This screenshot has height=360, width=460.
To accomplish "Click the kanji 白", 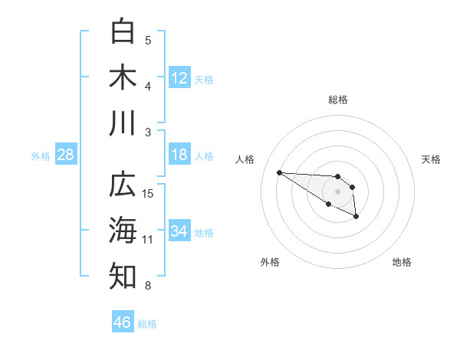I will [x=123, y=31].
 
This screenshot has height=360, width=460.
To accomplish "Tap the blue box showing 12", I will [x=179, y=78].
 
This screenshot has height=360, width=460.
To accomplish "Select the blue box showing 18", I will [x=179, y=155].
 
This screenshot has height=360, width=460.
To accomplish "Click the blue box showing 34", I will [x=179, y=231].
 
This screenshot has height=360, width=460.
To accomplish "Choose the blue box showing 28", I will [x=66, y=155].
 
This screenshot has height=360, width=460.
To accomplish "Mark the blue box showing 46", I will [x=123, y=322].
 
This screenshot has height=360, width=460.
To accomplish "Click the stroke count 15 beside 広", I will [x=149, y=193].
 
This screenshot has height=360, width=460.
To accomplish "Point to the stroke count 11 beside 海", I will [x=148, y=240].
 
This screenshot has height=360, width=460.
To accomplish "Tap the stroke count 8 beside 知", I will [x=148, y=286].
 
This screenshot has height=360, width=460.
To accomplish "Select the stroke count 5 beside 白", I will [x=148, y=40].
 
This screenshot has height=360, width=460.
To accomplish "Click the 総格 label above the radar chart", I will [x=337, y=100].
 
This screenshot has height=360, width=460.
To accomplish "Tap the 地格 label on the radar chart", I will [x=402, y=262].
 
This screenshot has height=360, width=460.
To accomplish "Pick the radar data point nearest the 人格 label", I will [x=279, y=172].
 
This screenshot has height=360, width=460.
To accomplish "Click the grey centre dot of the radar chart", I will [x=337, y=191].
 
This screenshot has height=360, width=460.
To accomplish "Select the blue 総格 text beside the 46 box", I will [x=147, y=324].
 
